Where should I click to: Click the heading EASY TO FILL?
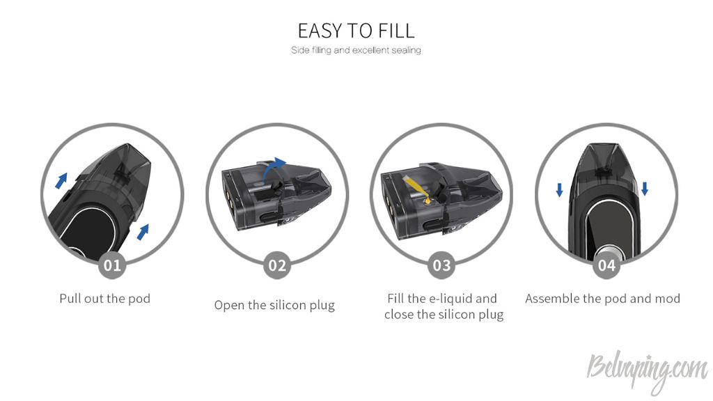click(x=356, y=31)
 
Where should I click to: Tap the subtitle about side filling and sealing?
click(x=356, y=50)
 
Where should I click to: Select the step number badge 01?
click(x=112, y=265)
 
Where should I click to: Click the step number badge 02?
click(x=277, y=265)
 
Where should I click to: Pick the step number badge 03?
click(x=441, y=265)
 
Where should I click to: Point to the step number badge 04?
click(x=606, y=265)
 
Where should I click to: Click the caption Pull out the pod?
click(x=105, y=299)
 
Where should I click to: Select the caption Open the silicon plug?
click(x=274, y=305)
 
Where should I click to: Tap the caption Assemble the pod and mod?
click(x=602, y=299)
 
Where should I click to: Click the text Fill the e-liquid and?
click(x=442, y=299)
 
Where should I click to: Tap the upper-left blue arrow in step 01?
click(x=61, y=180)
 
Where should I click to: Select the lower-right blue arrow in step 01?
click(x=143, y=232)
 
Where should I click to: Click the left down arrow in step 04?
click(x=559, y=189)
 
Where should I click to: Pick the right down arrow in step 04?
click(x=644, y=189)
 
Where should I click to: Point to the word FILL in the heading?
click(x=396, y=31)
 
